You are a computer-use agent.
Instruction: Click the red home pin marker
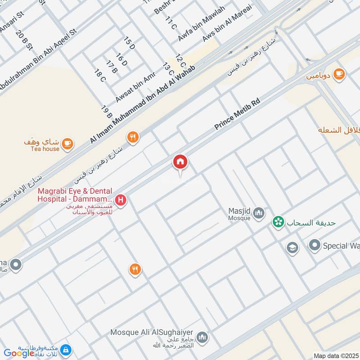(x=180, y=162)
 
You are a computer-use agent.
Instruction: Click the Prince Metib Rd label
(x=237, y=116)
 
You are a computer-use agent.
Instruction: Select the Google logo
(x=19, y=353)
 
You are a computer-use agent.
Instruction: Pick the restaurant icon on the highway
(x=132, y=137)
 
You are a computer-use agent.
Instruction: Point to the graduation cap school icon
(x=292, y=248)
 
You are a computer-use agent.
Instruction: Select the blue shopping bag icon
(x=66, y=350)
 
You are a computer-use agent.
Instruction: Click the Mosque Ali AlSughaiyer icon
(x=202, y=337)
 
